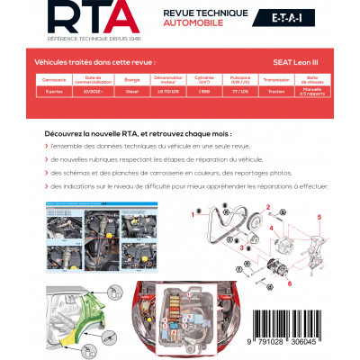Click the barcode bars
[284, 319]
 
